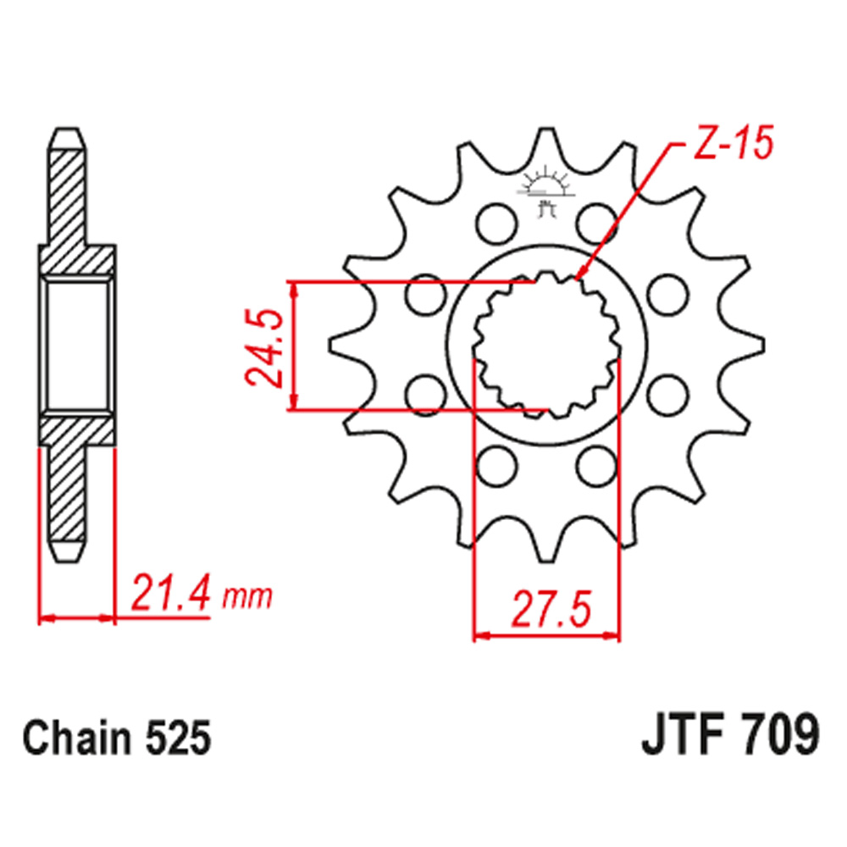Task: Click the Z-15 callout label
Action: point(728,145)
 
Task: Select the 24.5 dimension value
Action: point(263,347)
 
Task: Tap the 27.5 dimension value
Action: point(546,609)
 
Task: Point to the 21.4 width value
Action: point(169,595)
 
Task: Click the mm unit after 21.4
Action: point(246,598)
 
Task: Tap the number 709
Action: point(779,736)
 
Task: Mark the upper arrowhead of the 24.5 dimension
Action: point(294,290)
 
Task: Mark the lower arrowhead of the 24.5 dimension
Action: point(294,404)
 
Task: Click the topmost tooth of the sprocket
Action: point(546,136)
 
